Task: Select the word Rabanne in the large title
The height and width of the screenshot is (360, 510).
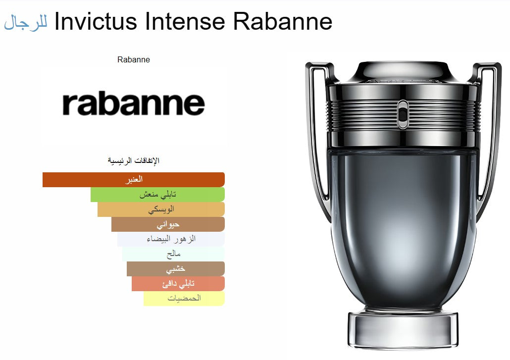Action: tap(282, 21)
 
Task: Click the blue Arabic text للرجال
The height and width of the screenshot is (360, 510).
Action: tap(26, 22)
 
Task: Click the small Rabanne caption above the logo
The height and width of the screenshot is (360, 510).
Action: tap(134, 60)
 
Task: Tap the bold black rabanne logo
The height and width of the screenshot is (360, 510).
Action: tap(134, 104)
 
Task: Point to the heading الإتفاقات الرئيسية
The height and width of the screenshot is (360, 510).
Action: tap(134, 160)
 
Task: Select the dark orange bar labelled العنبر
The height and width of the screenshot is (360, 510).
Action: tap(134, 179)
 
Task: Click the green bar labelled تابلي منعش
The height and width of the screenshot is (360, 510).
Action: tap(157, 195)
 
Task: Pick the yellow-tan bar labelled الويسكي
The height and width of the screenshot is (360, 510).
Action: tap(161, 209)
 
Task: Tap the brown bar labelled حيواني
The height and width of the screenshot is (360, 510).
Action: tap(168, 224)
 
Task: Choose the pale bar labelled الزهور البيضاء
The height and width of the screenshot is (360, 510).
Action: tap(171, 239)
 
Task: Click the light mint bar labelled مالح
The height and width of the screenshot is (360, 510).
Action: tap(173, 254)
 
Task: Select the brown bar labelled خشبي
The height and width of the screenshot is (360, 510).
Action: tap(175, 269)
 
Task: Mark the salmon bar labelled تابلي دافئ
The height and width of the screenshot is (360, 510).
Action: tap(178, 284)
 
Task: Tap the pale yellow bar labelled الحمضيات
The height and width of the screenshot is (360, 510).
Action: tap(184, 299)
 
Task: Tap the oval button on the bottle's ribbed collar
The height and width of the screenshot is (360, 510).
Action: tap(403, 114)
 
